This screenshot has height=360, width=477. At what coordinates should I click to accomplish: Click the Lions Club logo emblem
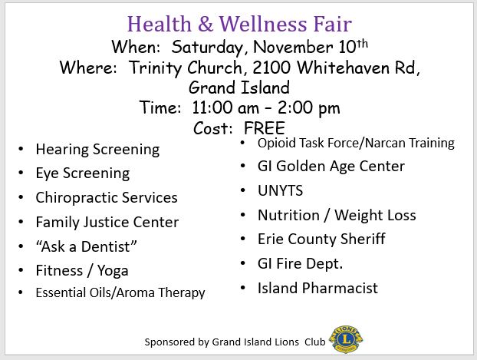[x=346, y=339]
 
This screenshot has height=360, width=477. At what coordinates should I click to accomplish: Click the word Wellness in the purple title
[x=263, y=24]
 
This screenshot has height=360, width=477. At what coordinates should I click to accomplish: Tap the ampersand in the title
[x=206, y=24]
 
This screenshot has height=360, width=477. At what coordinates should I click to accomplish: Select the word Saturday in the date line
[x=208, y=48]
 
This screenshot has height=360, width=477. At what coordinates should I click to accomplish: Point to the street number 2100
[x=271, y=68]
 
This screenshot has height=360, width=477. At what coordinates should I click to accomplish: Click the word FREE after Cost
[x=265, y=128]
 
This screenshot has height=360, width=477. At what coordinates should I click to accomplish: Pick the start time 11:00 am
[x=225, y=107]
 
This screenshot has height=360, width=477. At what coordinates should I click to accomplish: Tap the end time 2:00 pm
[x=309, y=108]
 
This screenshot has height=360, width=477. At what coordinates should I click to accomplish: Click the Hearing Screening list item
[x=97, y=150]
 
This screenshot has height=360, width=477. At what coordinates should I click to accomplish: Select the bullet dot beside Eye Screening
[x=21, y=173]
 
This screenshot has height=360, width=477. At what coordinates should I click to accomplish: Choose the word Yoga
[x=113, y=271]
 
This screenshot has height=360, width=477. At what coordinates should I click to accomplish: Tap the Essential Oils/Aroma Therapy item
[x=120, y=292]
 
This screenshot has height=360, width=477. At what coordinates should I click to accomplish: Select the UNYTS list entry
[x=280, y=190]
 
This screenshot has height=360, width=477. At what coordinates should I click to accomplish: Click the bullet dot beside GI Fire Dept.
[x=243, y=263]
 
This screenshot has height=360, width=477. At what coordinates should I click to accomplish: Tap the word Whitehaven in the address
[x=343, y=68]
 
